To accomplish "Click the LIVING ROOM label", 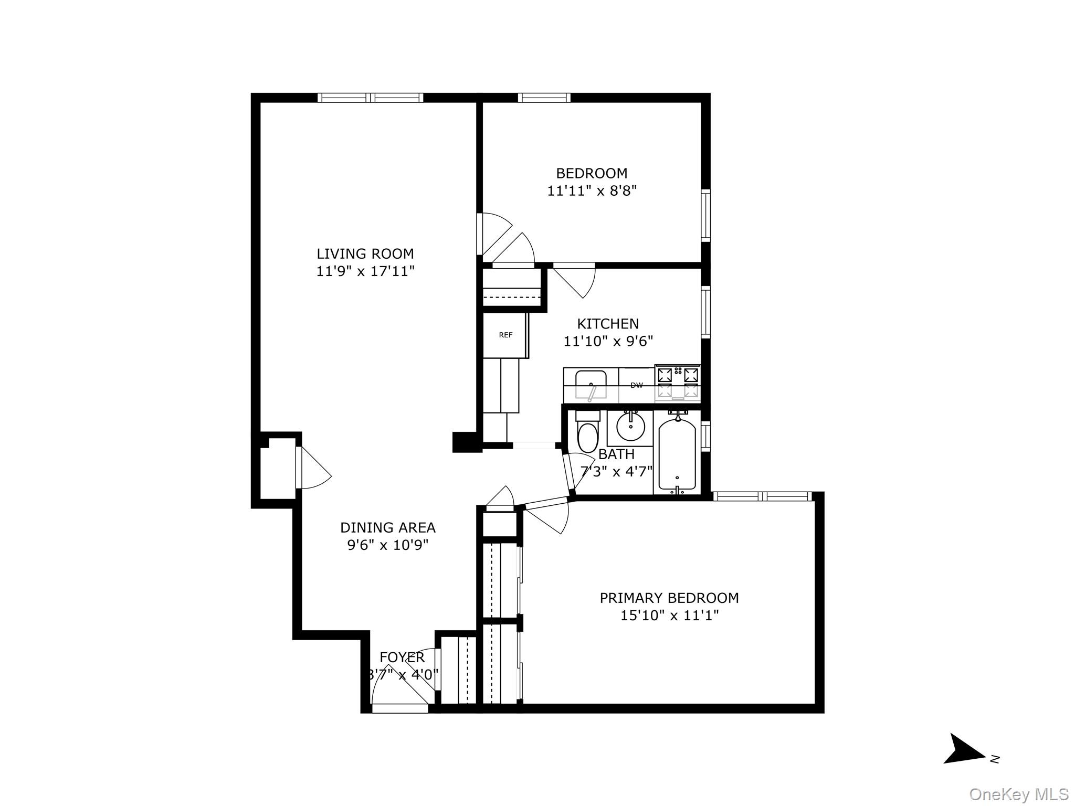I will [x=365, y=254].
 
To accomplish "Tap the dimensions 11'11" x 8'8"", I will [x=592, y=191].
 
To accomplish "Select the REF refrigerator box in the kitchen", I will [x=505, y=335].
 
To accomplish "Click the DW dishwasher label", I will [x=636, y=386].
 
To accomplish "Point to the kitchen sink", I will [x=591, y=384].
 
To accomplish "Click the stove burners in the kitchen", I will [x=678, y=383].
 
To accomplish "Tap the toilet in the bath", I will [x=587, y=433].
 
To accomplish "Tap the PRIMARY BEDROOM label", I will [x=669, y=598].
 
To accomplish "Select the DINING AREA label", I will [x=387, y=527].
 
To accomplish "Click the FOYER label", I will [x=402, y=657].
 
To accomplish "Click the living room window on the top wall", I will [x=371, y=98].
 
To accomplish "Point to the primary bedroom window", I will [x=762, y=496].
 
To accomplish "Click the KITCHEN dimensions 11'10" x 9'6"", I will [x=608, y=342].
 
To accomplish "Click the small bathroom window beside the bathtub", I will [x=706, y=436].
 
